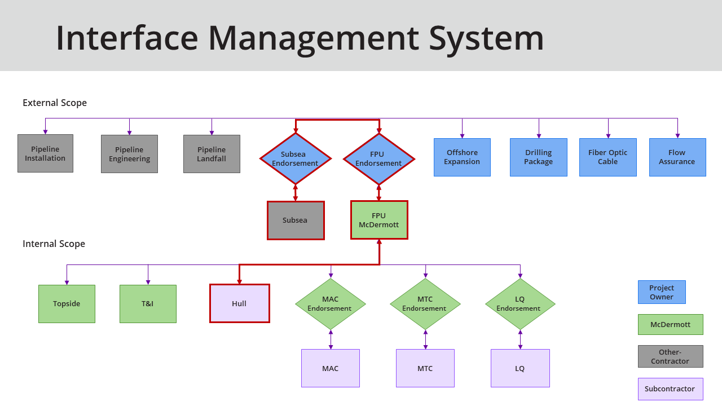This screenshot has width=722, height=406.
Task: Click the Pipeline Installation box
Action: coord(45,153)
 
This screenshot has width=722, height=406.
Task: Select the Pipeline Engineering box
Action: coord(129,154)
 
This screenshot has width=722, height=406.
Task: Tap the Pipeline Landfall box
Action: coord(212,154)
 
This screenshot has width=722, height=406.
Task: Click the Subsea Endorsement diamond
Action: coord(295,158)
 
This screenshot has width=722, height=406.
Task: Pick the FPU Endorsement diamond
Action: coord(378,158)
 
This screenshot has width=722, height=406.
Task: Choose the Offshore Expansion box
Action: coord(462,157)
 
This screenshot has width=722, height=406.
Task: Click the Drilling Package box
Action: coord(539,157)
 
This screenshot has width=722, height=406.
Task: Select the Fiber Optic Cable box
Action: coord(607,157)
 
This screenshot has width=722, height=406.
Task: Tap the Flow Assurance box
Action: coord(677,157)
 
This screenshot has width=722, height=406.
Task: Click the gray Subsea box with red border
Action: coord(296,220)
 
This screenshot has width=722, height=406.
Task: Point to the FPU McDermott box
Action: coord(379,220)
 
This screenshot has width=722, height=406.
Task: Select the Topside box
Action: coord(67,304)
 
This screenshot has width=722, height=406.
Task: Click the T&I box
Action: coord(148,304)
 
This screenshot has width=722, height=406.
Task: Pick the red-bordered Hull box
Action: coord(239,303)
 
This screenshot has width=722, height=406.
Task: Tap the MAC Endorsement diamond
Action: coord(330,304)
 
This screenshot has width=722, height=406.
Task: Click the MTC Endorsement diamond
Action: coord(425,304)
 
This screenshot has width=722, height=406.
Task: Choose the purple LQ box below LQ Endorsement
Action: coord(520,368)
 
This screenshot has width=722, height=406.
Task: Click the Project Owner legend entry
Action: coord(662,292)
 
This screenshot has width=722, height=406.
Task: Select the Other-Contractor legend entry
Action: coord(670,356)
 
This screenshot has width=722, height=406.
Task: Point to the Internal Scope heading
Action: coord(54,244)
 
